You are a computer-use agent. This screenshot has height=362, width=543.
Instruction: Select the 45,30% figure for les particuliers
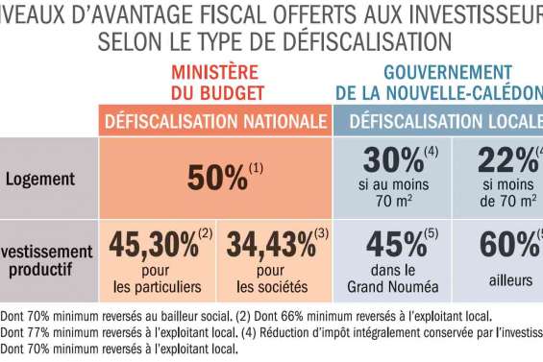(x=155, y=246)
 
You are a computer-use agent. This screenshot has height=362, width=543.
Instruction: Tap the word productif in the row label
(x=44, y=269)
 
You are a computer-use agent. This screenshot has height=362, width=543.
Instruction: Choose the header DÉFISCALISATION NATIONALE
(x=214, y=122)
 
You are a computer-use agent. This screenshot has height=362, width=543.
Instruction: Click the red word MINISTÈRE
(x=214, y=72)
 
